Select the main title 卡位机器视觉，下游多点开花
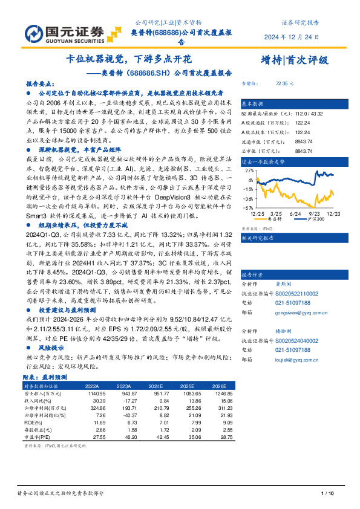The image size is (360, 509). point(128,60)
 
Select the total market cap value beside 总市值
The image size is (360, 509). point(286,150)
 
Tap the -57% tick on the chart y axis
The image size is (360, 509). point(248,207)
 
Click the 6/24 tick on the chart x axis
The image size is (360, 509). point(296,213)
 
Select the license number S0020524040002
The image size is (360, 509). point(297,341)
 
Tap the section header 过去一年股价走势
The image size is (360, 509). point(263,162)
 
